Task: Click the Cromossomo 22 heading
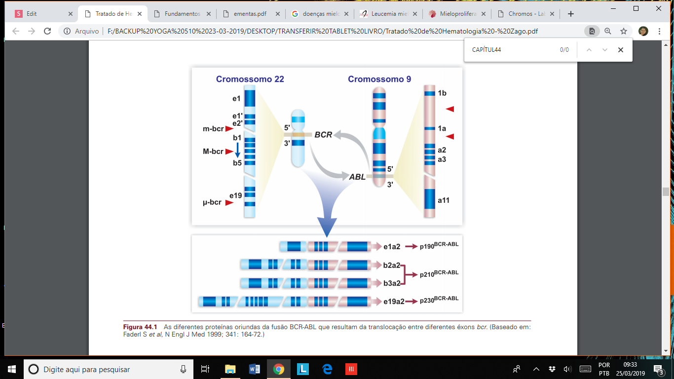point(250,79)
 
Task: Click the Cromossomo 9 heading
point(379,79)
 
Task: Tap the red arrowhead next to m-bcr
point(229,129)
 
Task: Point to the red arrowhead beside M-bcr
point(229,152)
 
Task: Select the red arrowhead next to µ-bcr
point(229,202)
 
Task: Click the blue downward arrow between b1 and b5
point(237,151)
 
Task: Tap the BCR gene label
point(323,135)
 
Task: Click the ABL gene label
point(357,177)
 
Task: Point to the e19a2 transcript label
point(394,301)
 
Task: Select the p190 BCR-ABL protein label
point(439,245)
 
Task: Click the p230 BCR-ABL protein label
point(439,300)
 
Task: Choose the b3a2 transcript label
point(391,283)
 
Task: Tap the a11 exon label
point(444,201)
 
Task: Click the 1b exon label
point(442,93)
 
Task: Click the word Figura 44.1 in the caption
point(140,327)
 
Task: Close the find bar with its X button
point(621,50)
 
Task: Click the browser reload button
point(47,31)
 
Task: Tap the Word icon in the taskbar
point(255,369)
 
